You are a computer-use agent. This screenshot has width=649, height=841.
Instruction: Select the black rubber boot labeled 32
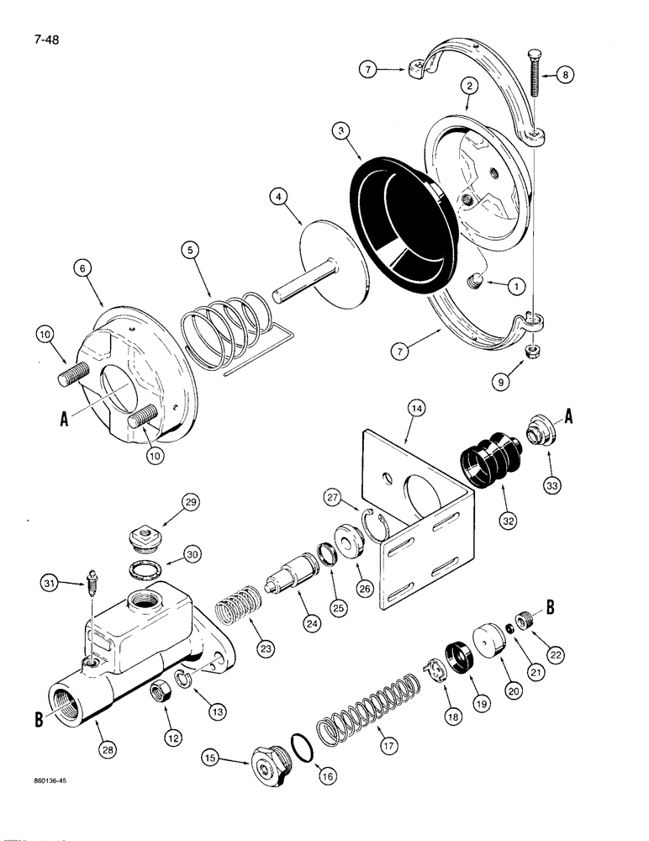(x=490, y=460)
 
